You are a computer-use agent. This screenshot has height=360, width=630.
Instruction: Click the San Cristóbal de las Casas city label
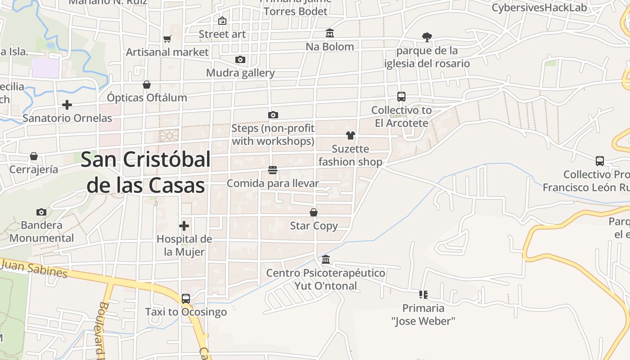146,172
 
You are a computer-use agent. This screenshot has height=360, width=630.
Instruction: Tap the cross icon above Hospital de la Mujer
184,226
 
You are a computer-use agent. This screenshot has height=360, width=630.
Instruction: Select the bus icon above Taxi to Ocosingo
185,298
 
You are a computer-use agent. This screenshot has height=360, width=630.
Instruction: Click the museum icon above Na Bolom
330,33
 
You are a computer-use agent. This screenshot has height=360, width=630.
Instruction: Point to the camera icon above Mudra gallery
240,59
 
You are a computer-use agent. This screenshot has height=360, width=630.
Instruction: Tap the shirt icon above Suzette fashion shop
351,135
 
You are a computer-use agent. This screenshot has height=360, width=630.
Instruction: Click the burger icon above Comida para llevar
272,170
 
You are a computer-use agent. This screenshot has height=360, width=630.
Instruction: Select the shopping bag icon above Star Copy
314,212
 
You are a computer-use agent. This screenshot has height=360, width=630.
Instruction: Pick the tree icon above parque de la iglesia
427,37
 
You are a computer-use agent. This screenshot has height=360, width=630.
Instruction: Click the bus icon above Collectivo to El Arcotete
401,97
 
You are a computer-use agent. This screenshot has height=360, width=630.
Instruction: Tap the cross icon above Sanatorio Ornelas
67,105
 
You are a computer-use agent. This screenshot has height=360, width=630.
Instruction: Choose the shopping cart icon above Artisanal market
167,39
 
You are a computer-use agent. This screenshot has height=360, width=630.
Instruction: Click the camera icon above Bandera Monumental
41,212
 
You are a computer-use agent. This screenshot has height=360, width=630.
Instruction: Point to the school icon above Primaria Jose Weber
423,295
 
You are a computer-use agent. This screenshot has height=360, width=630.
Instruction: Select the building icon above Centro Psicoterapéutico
326,260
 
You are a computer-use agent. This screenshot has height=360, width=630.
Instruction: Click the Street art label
222,34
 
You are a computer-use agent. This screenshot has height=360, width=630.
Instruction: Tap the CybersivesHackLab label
539,8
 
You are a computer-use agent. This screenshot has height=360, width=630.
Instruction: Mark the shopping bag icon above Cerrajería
34,156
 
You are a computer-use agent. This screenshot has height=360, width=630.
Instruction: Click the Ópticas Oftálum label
147,97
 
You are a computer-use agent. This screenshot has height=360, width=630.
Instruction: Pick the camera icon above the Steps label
273,115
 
